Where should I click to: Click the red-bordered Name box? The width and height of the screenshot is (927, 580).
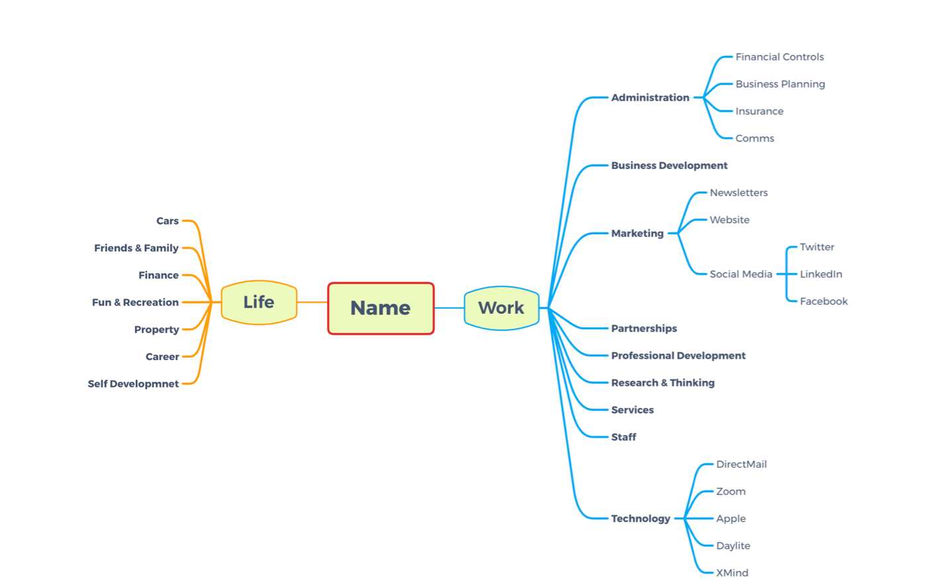tap(381, 309)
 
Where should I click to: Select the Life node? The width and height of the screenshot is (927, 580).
tap(259, 303)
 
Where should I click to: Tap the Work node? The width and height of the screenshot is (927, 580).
tap(501, 308)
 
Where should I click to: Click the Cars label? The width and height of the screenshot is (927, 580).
tap(168, 221)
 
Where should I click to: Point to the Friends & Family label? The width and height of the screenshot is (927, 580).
tap(136, 248)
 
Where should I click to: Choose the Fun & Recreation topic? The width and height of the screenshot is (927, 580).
tap(135, 303)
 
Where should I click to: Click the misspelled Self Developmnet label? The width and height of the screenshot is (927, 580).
tap(133, 384)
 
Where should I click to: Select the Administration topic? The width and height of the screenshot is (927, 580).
tap(650, 98)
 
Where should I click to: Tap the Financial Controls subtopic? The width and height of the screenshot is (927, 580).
tap(779, 57)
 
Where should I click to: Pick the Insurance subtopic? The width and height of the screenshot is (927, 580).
tap(759, 111)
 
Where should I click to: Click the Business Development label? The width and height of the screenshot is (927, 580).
tap(669, 166)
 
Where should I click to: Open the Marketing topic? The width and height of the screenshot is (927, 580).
tap(637, 234)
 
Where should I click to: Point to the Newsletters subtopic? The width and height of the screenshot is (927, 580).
tap(738, 193)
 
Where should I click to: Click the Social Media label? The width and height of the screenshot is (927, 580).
tap(741, 274)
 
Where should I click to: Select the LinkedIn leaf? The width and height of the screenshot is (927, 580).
tap(821, 274)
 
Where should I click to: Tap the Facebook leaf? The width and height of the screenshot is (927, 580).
tap(823, 301)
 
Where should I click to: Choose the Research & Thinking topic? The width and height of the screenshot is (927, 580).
tap(663, 383)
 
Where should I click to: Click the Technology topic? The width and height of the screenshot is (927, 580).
tap(640, 518)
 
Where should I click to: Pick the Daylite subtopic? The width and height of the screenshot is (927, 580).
tap(733, 546)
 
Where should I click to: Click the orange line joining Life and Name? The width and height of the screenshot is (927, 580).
tap(313, 303)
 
